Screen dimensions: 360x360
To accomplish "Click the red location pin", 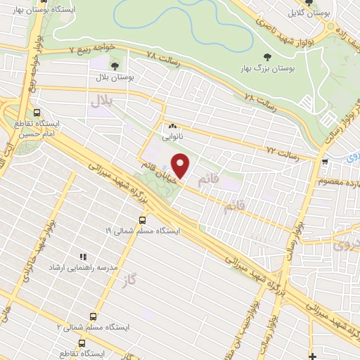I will tap(181, 166).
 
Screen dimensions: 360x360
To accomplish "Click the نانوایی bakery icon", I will tap(172, 127).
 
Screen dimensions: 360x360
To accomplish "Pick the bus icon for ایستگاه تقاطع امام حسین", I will tap(37, 111).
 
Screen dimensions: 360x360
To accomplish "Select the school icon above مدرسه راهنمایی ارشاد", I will tap(82, 257).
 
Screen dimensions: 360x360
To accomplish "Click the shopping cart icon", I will tap(323, 162).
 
